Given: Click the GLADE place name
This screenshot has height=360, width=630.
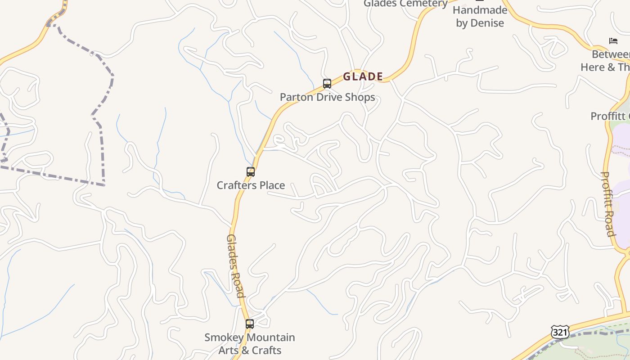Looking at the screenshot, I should click(x=363, y=76).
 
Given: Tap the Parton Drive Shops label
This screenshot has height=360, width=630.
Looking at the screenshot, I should click(x=327, y=97).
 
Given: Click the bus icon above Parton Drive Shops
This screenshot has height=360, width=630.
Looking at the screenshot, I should click(x=327, y=84).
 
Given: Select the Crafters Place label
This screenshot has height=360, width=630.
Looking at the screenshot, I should click(x=251, y=185).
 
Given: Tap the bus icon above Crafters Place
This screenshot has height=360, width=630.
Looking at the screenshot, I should click(x=251, y=172).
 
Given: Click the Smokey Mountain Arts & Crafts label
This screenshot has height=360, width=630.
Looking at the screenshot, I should click(x=250, y=344).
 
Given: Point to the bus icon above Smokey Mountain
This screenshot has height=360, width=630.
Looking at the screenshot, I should click(x=250, y=324).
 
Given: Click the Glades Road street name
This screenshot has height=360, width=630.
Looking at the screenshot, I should click(x=236, y=265).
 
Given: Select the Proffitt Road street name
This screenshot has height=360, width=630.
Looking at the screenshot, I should click(x=608, y=204).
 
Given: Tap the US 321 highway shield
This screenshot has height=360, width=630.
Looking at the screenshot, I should click(x=560, y=333).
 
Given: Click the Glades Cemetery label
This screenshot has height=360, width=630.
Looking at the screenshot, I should click(x=405, y=4).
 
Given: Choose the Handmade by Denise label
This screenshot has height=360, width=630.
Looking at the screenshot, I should click(x=480, y=17).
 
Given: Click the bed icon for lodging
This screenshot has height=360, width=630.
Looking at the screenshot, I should click(x=613, y=41).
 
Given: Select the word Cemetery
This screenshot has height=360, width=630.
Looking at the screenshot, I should click(x=424, y=4).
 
